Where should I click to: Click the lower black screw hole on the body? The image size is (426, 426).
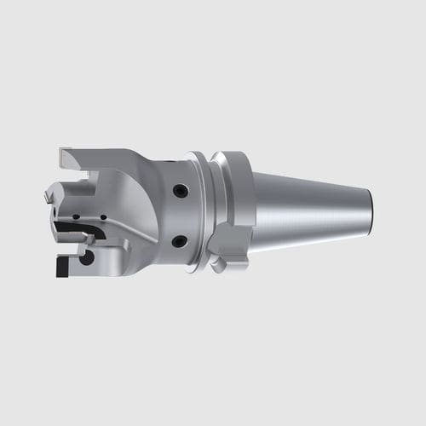point(178,242)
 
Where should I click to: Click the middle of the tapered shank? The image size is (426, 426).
point(311,213)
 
